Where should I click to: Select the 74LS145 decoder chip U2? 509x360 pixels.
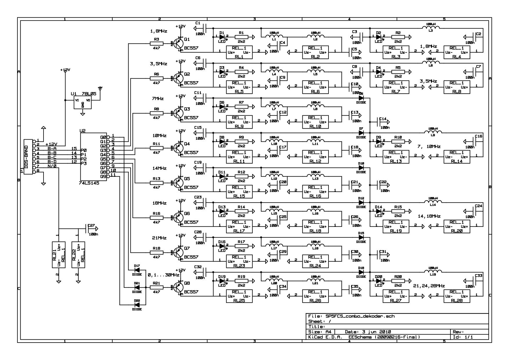pyautogui.click(x=93, y=157)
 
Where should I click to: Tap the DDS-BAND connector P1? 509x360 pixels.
pyautogui.click(x=28, y=157)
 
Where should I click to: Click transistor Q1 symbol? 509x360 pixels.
pyautogui.click(x=178, y=44)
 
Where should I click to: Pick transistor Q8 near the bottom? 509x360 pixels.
pyautogui.click(x=178, y=287)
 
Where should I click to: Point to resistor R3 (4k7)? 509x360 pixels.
pyautogui.click(x=156, y=44)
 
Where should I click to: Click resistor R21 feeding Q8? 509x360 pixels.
pyautogui.click(x=156, y=287)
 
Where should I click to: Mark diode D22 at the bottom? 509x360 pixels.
pyautogui.click(x=137, y=305)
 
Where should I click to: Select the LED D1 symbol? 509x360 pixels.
pyautogui.click(x=223, y=37)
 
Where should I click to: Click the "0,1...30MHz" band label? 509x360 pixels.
pyautogui.click(x=163, y=275)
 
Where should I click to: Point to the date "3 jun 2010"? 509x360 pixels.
pyautogui.click(x=376, y=332)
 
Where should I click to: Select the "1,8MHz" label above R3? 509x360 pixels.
pyautogui.click(x=158, y=31)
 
